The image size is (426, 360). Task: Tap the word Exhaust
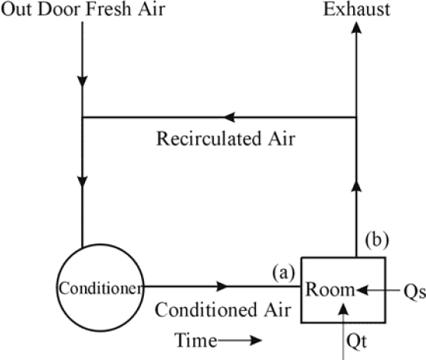tap(357, 10)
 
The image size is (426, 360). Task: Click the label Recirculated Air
tap(225, 139)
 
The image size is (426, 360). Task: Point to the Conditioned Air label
tap(223, 309)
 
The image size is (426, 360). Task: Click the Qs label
tap(415, 292)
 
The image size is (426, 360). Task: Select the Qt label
tap(357, 342)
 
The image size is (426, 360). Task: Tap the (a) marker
tap(283, 273)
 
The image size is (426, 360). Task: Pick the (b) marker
tap(377, 240)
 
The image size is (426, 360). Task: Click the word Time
tap(195, 340)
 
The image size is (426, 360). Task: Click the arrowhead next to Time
tap(255, 340)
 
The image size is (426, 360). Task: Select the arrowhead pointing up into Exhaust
tap(356, 28)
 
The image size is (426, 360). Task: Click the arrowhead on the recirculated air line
tap(229, 117)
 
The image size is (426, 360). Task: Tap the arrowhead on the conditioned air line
tap(222, 286)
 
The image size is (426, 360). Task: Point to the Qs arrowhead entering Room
tap(362, 290)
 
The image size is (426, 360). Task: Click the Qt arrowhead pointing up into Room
tap(344, 309)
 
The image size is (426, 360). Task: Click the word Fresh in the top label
tap(108, 9)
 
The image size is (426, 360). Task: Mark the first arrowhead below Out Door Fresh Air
tap(82, 81)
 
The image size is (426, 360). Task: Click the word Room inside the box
tap(329, 290)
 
